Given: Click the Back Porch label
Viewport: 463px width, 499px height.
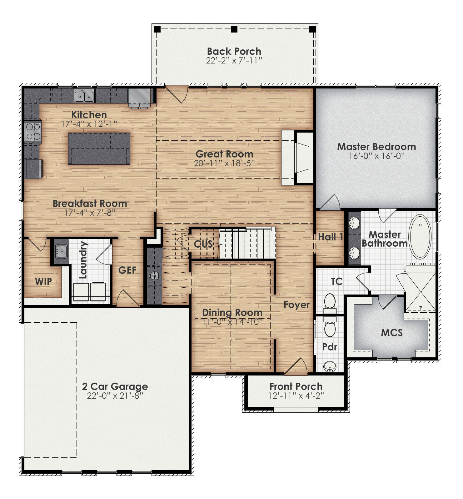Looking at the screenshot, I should click(234, 51).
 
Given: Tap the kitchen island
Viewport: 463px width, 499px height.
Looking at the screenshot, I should click(99, 148).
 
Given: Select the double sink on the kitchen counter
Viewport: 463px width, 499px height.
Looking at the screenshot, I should click(84, 96).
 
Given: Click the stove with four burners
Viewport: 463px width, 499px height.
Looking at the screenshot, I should click(33, 131).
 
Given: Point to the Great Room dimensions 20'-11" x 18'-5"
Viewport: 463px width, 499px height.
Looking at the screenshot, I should click(224, 163).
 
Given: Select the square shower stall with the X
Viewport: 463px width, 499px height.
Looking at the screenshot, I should click(421, 292).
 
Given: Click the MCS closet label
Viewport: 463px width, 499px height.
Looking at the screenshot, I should click(392, 333).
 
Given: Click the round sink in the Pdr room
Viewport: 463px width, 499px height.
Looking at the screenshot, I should click(329, 366).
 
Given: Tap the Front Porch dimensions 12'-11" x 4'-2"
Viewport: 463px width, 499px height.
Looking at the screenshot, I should click(296, 396).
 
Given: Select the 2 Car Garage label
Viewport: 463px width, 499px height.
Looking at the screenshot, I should click(115, 386).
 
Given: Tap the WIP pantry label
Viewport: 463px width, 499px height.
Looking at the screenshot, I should click(43, 282).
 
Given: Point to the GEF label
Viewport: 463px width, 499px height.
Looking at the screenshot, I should click(127, 270).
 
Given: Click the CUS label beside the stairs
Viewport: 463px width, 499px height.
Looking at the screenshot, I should click(203, 244).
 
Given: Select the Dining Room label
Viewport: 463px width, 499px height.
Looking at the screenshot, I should click(232, 312).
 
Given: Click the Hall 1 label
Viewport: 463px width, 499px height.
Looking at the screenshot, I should click(331, 237).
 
